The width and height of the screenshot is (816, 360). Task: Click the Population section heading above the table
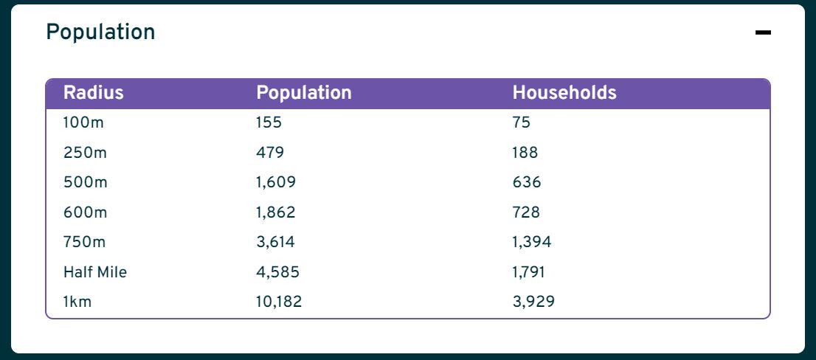tap(100, 32)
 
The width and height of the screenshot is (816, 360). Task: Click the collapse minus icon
tap(763, 32)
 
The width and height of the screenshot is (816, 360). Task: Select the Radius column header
tap(93, 93)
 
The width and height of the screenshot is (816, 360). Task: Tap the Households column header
tap(564, 93)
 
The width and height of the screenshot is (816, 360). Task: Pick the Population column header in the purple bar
tap(304, 93)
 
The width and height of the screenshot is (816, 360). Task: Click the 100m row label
tap(83, 123)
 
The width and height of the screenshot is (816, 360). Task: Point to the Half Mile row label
tap(95, 272)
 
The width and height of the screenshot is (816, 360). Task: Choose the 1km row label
tap(77, 302)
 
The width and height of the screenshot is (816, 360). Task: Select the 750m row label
tap(85, 242)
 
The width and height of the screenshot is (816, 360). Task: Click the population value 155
tap(269, 123)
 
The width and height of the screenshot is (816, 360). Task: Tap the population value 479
tap(270, 153)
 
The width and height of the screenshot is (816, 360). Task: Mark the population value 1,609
tap(276, 182)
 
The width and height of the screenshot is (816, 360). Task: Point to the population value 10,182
tap(279, 302)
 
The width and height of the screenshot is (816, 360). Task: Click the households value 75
tap(521, 123)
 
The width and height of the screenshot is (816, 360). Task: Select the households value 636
tap(527, 182)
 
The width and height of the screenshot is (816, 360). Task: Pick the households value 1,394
tap(532, 242)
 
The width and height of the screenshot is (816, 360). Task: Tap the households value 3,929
tap(533, 302)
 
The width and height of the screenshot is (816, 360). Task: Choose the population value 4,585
tap(277, 272)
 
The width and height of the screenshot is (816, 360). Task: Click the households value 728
tap(526, 212)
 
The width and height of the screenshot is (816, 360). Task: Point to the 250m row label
tap(85, 153)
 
